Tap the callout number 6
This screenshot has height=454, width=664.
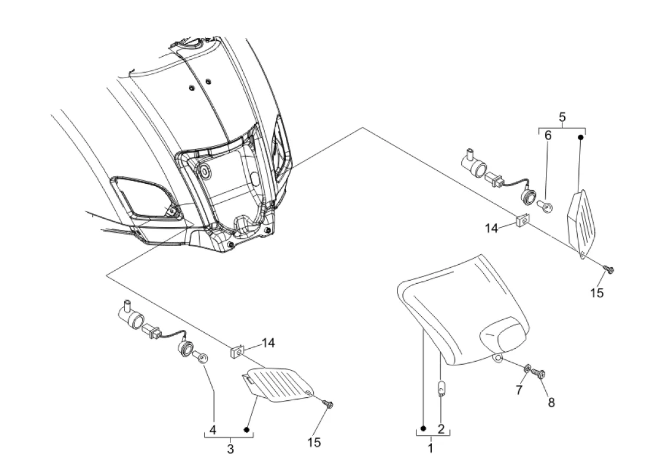point(548,135)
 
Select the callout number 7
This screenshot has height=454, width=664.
point(519,390)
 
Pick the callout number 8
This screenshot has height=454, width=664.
point(551,402)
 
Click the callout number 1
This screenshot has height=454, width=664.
point(430,447)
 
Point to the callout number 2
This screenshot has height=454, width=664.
point(441,429)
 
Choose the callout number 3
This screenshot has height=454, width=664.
point(230,449)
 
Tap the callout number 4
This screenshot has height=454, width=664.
point(213,430)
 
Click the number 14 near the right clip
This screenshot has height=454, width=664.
point(492,228)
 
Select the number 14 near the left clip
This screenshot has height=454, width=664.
point(268,342)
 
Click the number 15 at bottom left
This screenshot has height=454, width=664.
point(314,443)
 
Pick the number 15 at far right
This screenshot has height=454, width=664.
point(597,293)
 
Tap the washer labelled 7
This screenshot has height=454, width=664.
point(528,368)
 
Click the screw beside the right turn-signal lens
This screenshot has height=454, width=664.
point(609,269)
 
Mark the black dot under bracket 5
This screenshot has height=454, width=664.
point(581,137)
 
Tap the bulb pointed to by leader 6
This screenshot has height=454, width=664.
point(544,206)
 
